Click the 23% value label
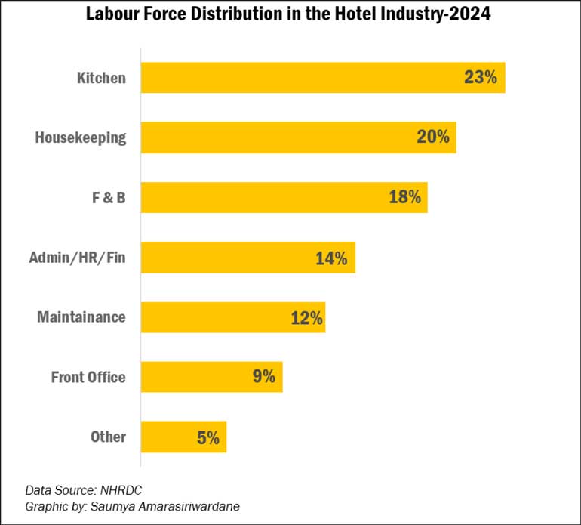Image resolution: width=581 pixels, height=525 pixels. (x=481, y=78)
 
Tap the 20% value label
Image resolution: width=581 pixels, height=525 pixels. (x=433, y=137)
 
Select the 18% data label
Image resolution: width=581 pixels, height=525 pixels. (x=404, y=197)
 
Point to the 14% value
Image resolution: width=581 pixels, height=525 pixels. (x=331, y=258)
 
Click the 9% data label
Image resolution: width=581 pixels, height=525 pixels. (x=263, y=377)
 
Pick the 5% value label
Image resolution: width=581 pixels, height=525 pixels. (x=207, y=437)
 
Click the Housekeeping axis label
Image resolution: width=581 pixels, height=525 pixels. (x=80, y=137)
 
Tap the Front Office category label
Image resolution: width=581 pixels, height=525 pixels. (x=88, y=377)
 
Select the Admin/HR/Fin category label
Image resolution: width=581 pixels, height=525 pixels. (x=77, y=258)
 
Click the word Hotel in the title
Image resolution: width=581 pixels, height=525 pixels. (x=329, y=15)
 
